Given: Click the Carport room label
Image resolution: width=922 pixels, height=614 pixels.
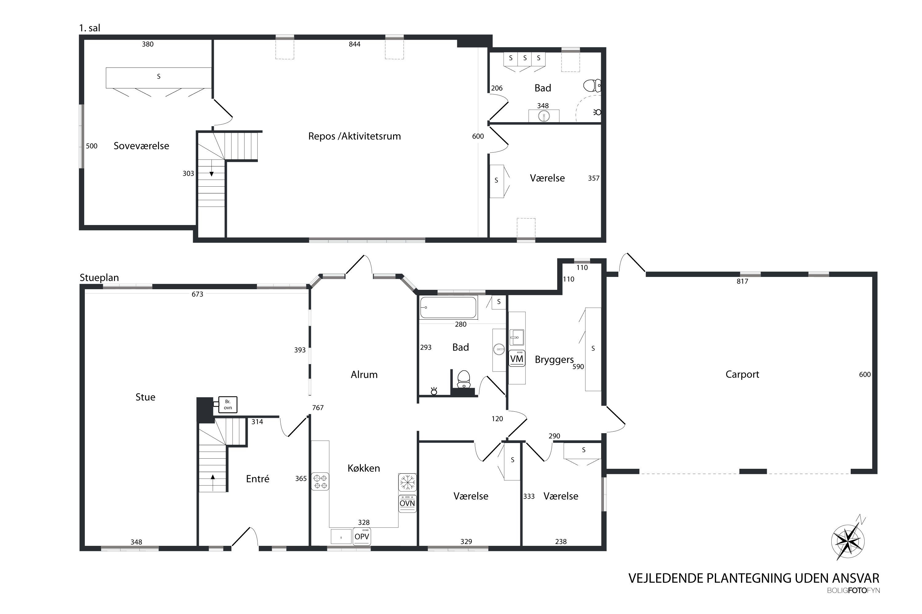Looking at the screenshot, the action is click(x=742, y=374).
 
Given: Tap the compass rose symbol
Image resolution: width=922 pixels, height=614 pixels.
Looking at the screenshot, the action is click(x=848, y=541).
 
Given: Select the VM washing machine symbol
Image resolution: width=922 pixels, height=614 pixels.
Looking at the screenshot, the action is click(x=517, y=358).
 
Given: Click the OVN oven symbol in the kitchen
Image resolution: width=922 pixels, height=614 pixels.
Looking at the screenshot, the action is click(x=407, y=503).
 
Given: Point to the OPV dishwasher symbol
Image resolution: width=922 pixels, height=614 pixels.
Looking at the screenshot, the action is click(x=361, y=536).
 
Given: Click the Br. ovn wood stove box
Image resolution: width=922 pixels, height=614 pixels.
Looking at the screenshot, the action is click(x=227, y=405).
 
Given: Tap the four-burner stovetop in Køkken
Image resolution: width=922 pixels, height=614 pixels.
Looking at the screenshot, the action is click(x=320, y=482).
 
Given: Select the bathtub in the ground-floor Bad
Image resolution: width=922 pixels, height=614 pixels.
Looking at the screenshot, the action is click(x=448, y=307).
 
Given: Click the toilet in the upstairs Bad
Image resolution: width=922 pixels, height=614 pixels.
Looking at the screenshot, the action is click(x=592, y=85).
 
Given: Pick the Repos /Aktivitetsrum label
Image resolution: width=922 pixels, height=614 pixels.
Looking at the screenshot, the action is click(x=354, y=136).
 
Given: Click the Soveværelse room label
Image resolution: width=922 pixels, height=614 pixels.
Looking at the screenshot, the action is click(x=141, y=146).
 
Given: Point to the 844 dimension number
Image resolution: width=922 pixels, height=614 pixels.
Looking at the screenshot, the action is click(x=354, y=44).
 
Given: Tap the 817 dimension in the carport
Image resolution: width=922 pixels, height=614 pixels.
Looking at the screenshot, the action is click(x=742, y=281).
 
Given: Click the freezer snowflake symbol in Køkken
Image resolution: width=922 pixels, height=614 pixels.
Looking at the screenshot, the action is click(x=407, y=482).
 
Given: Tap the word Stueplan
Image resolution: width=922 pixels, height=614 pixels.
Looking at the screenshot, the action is click(x=99, y=278).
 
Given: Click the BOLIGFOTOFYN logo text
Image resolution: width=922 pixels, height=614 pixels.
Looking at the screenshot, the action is click(x=853, y=590).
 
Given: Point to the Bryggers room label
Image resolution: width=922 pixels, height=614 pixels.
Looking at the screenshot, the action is click(x=554, y=360).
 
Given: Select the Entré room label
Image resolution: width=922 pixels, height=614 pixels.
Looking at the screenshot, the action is click(x=258, y=479).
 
